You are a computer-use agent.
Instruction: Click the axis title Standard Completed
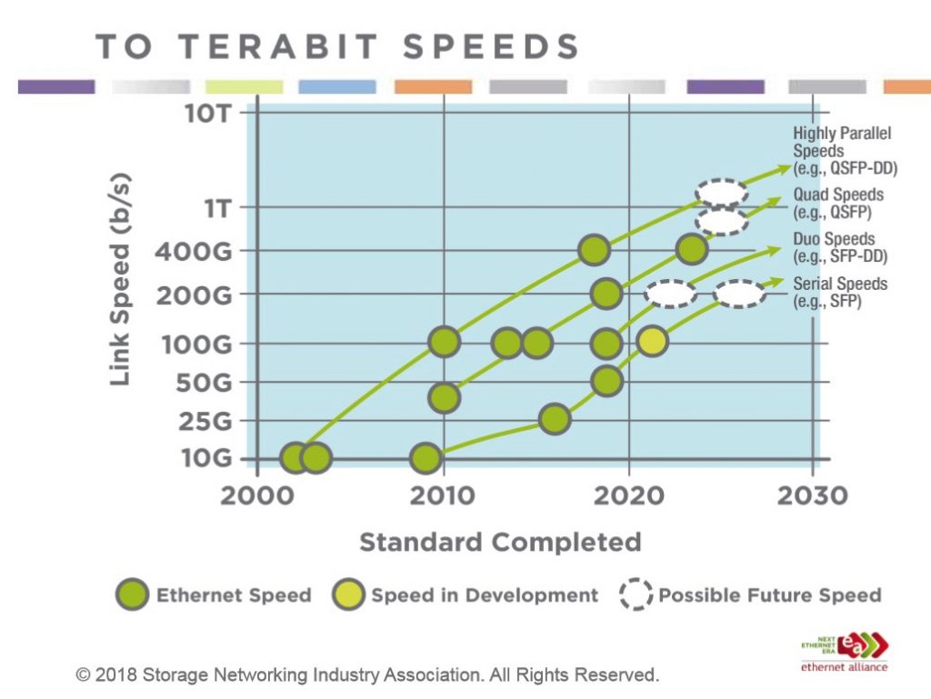click(x=500, y=543)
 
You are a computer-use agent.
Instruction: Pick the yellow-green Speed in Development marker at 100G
click(x=653, y=342)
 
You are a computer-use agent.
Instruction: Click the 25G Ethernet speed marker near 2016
click(x=554, y=418)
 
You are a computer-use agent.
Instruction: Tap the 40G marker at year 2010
click(x=443, y=397)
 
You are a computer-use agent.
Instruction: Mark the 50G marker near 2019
click(x=606, y=381)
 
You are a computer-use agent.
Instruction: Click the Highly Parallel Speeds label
click(x=843, y=150)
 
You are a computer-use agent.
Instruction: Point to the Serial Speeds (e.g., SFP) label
click(x=839, y=292)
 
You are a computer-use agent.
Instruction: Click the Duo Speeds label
click(x=834, y=247)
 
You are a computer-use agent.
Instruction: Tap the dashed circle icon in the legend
click(x=636, y=595)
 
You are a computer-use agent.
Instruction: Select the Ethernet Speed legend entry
click(x=215, y=595)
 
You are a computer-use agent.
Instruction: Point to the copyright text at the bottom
click(x=366, y=674)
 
